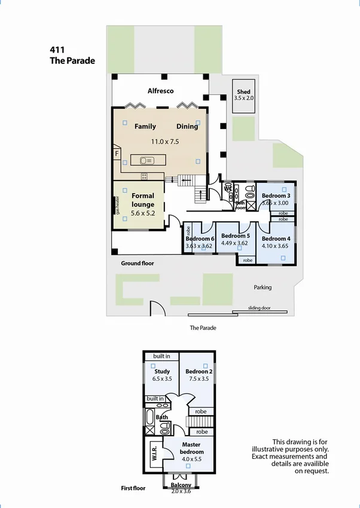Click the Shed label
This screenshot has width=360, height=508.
(x=243, y=91)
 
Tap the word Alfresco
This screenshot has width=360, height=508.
(x=160, y=91)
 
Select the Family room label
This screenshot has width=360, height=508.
(x=145, y=126)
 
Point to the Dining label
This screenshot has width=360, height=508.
(x=187, y=126)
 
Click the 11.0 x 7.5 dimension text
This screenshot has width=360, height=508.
(x=164, y=142)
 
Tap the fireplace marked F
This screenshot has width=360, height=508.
(x=117, y=154)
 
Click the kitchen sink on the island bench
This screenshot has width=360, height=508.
(x=147, y=160)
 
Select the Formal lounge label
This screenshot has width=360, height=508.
(x=143, y=200)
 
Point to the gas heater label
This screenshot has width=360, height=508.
(x=118, y=205)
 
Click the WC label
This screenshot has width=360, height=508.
(x=228, y=188)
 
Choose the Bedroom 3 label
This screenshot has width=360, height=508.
(x=276, y=195)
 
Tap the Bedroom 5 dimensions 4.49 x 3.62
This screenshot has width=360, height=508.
(x=234, y=243)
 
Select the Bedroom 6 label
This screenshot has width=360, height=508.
(x=200, y=239)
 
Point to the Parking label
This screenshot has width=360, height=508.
(x=263, y=287)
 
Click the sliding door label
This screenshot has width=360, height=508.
(x=260, y=308)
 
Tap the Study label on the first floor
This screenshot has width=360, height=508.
(x=162, y=371)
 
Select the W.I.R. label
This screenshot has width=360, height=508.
(x=154, y=449)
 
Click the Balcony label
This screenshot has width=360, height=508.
(x=181, y=485)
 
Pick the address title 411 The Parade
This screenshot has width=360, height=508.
(x=72, y=56)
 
